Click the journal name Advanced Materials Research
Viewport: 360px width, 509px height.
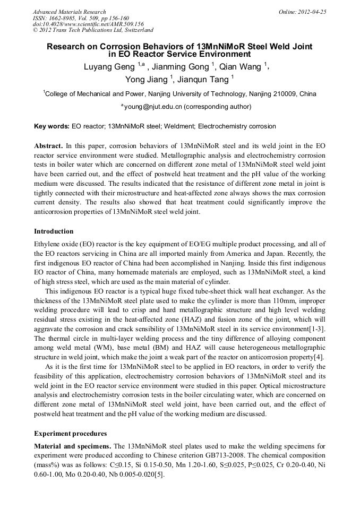pos(69,12)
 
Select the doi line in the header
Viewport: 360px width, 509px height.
pos(88,24)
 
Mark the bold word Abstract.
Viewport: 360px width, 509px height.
pos(48,145)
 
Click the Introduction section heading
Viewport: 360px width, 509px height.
pos(54,231)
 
